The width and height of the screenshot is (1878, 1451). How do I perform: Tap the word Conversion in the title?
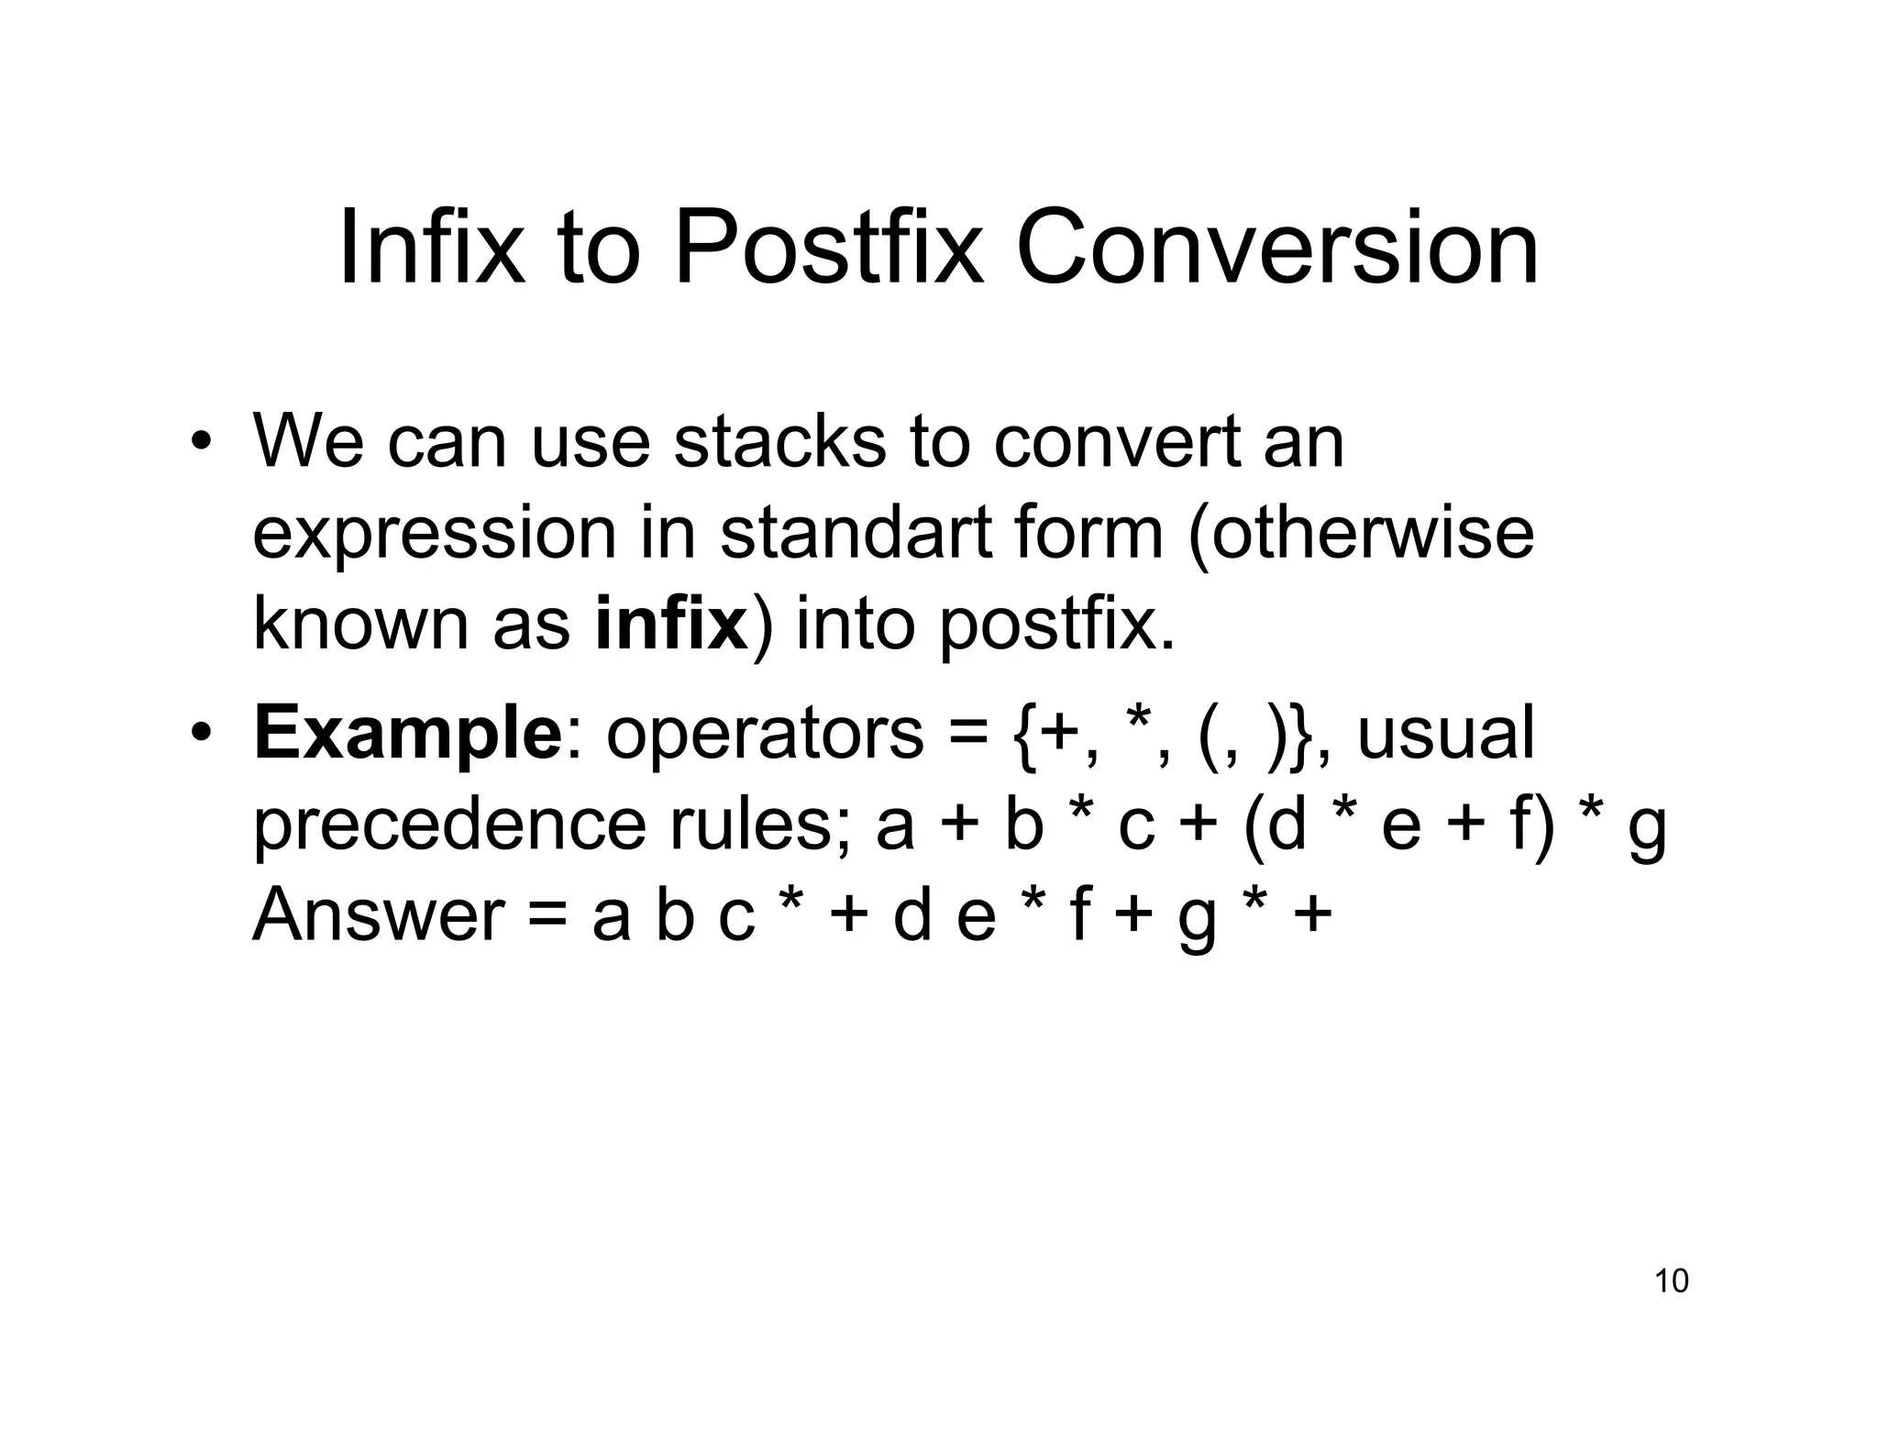tap(1276, 249)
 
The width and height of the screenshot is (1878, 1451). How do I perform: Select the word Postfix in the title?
tap(827, 249)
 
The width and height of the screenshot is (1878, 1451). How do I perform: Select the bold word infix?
tap(671, 624)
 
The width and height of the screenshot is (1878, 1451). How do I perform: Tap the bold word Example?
tap(407, 735)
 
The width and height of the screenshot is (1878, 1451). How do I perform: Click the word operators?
tap(765, 735)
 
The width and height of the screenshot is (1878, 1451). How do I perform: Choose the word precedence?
tap(449, 825)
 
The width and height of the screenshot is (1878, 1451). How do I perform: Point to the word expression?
tap(435, 535)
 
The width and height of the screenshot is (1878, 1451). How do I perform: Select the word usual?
tap(1445, 735)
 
